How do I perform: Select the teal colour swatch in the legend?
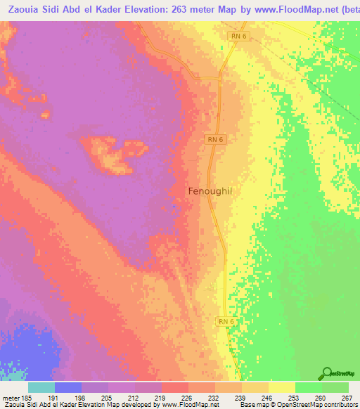41,387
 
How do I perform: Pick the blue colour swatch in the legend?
68,387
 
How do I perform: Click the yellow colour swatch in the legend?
282,387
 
